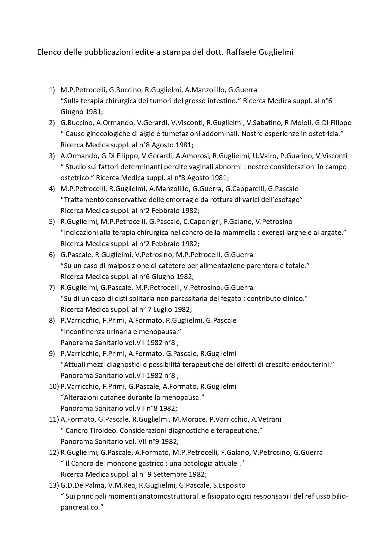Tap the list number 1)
52,90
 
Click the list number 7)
52,287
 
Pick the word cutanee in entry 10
116,397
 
